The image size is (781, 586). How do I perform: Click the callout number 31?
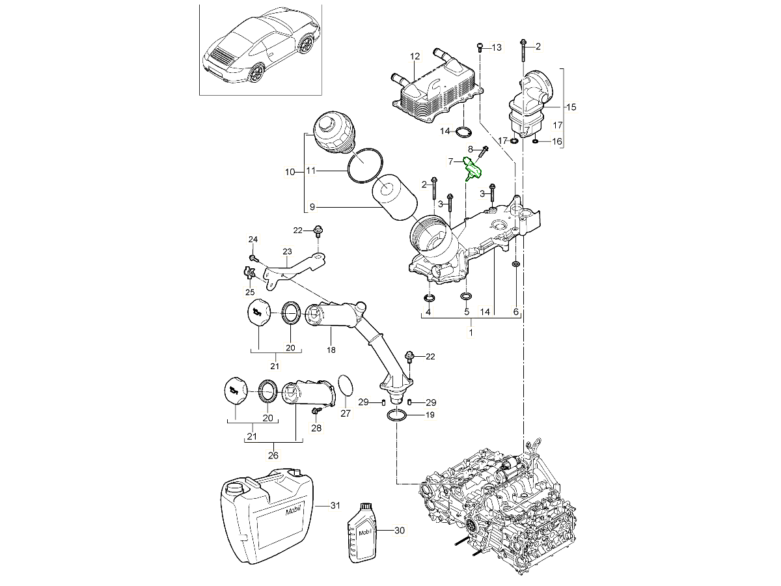point(335,505)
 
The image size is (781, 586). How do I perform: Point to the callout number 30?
point(399,531)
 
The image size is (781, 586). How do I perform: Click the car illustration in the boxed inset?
point(260,49)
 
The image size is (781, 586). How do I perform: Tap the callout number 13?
point(497,47)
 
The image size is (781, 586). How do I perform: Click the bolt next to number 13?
point(480,46)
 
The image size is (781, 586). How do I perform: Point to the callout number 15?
point(571,106)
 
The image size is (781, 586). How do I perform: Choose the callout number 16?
point(556,141)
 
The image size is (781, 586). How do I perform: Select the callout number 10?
point(290,172)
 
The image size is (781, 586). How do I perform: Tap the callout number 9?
point(312,206)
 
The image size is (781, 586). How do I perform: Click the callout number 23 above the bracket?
point(287,251)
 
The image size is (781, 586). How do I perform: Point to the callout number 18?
point(331,350)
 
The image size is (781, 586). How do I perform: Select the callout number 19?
point(430,415)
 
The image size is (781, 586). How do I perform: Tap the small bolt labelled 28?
point(317,411)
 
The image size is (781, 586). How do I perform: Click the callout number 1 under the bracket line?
point(471,331)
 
